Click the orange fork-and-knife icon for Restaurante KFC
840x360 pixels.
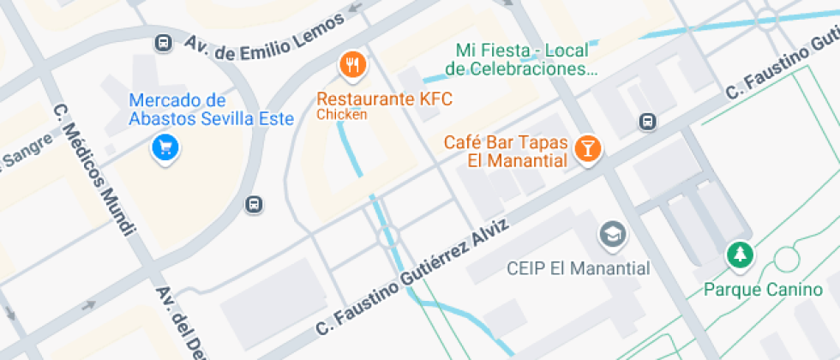click(352, 63)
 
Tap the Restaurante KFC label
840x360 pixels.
click(384, 99)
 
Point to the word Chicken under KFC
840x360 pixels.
click(342, 114)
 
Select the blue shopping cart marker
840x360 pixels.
click(165, 147)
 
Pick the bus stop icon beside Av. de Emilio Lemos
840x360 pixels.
click(162, 42)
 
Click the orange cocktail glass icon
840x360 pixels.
click(587, 148)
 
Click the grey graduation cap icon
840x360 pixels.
click(612, 233)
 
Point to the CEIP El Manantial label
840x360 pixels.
click(578, 268)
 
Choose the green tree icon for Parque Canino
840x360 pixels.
click(738, 254)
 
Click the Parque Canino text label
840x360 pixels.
click(763, 290)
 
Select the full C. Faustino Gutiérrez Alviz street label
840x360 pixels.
click(412, 276)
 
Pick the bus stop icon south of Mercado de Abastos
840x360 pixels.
click(254, 204)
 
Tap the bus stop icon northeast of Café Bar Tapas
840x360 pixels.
click(648, 123)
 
